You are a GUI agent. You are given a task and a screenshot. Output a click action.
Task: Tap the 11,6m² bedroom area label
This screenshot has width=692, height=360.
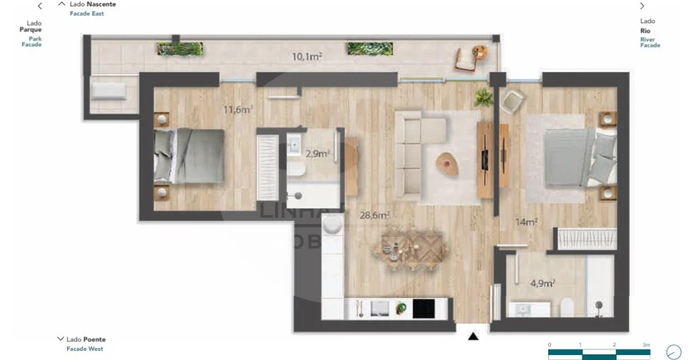point(238,110)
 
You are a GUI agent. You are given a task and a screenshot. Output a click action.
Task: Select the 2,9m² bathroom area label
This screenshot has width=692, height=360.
point(316,154)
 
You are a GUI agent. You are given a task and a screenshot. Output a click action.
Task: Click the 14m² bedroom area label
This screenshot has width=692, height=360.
point(526,222)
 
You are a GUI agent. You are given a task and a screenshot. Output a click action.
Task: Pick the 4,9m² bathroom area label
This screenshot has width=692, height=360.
point(542,283)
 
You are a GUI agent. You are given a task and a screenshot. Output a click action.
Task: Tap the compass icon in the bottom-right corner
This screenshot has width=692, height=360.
point(673,351)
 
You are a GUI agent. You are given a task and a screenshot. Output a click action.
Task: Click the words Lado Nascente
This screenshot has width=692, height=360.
point(93,4)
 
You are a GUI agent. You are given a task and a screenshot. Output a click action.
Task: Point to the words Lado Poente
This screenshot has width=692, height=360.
point(86,339)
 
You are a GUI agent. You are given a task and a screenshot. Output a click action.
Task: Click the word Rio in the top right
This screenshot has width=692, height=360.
point(646,31)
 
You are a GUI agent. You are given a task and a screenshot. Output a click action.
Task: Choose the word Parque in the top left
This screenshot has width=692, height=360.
point(31,30)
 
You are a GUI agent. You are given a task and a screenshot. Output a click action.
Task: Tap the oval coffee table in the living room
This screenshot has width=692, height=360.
point(447,163)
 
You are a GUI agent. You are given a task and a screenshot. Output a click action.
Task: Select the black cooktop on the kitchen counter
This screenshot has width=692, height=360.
point(423,308)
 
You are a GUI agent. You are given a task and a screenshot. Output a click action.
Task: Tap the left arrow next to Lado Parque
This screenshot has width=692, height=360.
point(40,6)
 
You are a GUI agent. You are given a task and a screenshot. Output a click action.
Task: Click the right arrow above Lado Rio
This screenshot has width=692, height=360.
point(642,6)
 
